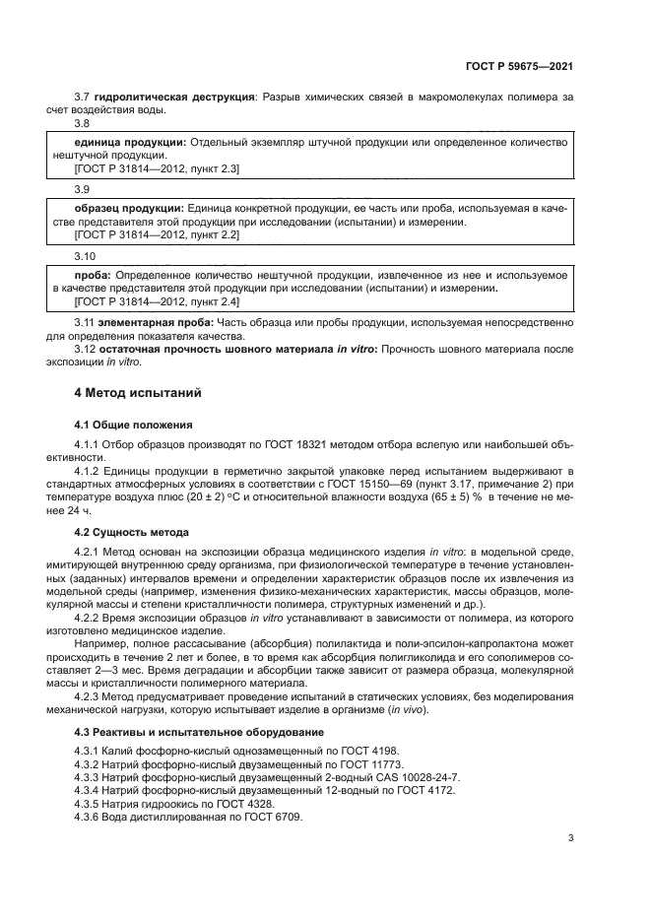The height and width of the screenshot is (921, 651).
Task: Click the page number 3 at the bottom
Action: pyautogui.click(x=570, y=838)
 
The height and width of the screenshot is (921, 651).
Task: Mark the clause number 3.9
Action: pyautogui.click(x=82, y=188)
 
